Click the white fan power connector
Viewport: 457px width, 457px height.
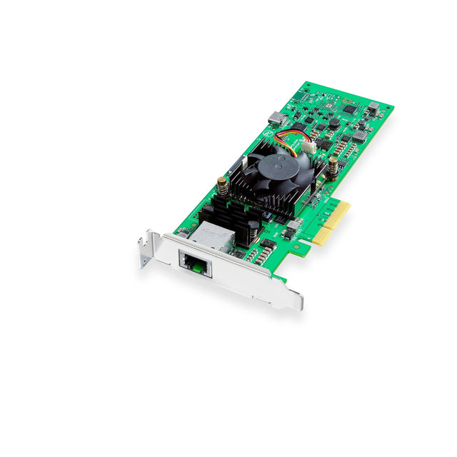[x=308, y=146]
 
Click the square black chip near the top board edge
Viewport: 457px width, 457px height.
[x=349, y=109]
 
